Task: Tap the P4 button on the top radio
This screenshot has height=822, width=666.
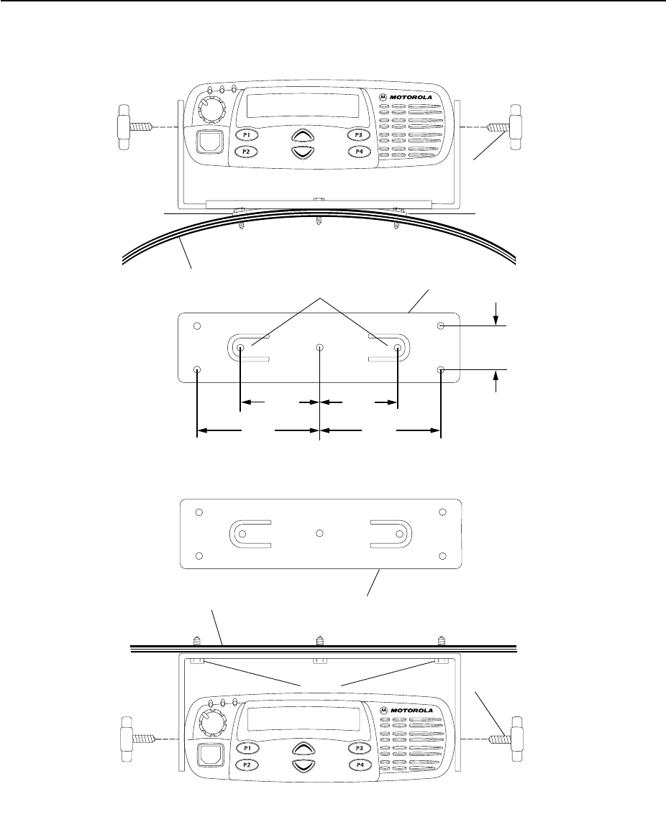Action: point(359,152)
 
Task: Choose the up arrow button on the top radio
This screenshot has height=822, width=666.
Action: point(303,135)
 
